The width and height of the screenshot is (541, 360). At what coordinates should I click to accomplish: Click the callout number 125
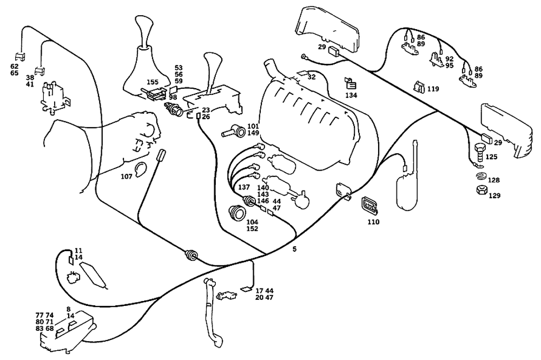pyautogui.click(x=491, y=157)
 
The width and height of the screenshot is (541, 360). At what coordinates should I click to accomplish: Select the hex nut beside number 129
pyautogui.click(x=479, y=191)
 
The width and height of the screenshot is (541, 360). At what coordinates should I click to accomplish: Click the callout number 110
pyautogui.click(x=373, y=221)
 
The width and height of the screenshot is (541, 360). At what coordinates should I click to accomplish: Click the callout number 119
pyautogui.click(x=433, y=89)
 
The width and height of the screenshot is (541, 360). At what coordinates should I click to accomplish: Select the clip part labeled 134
pyautogui.click(x=351, y=84)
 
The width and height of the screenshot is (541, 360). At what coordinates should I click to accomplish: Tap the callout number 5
pyautogui.click(x=294, y=250)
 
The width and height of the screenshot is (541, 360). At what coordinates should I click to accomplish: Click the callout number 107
pyautogui.click(x=127, y=176)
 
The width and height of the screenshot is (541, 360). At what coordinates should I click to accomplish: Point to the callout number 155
pyautogui.click(x=153, y=82)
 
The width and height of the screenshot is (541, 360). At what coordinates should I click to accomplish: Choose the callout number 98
pyautogui.click(x=173, y=97)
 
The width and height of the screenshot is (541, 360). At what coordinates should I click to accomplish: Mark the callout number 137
pyautogui.click(x=244, y=187)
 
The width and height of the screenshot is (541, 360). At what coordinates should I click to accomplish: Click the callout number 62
pyautogui.click(x=15, y=66)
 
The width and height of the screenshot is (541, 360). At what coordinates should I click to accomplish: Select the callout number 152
pyautogui.click(x=252, y=229)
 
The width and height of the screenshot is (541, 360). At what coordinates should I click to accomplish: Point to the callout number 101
pyautogui.click(x=253, y=127)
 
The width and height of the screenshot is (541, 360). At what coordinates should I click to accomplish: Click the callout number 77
pyautogui.click(x=39, y=315)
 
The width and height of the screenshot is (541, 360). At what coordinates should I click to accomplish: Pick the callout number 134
pyautogui.click(x=351, y=95)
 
